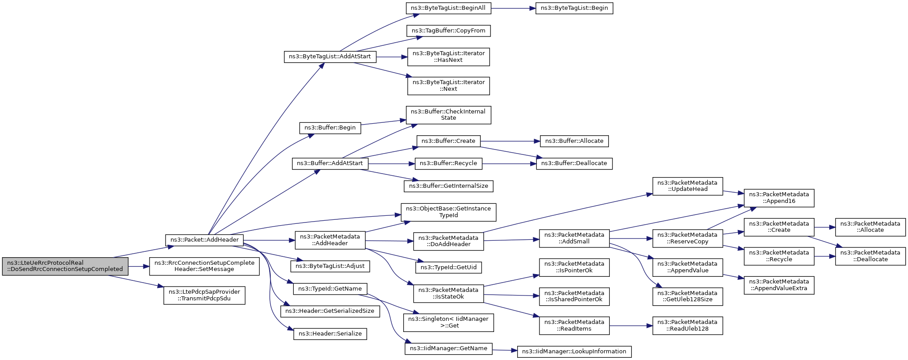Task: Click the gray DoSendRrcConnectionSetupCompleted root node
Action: point(65,266)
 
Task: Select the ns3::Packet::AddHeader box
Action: point(205,240)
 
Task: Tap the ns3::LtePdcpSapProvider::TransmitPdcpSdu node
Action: point(204,295)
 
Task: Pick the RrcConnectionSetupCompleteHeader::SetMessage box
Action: point(204,266)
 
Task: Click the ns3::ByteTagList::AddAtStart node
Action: point(330,57)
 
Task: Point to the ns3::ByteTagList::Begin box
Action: point(574,8)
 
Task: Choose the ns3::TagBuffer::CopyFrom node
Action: point(449,31)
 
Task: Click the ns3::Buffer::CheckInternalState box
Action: point(448,115)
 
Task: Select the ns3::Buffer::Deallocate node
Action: point(574,164)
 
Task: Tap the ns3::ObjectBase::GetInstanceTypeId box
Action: point(448,212)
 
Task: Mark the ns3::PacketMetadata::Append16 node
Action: point(779,198)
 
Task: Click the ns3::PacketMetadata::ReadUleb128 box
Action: point(687,325)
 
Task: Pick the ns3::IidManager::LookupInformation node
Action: point(574,352)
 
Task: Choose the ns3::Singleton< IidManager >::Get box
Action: point(448,322)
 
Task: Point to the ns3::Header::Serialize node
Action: point(330,334)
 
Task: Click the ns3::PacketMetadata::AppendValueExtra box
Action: point(779,285)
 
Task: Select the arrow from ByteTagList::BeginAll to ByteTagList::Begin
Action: point(513,8)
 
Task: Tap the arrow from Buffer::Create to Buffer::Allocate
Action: point(510,141)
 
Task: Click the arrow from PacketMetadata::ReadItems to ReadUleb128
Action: point(631,326)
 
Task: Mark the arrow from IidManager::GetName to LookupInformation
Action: point(505,351)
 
